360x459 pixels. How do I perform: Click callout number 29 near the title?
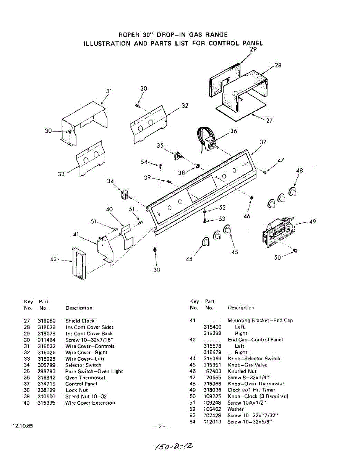click(x=253, y=49)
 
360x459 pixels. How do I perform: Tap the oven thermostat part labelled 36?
click(x=208, y=141)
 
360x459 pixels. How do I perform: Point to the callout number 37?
click(x=263, y=142)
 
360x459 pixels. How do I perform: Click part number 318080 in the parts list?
click(x=47, y=321)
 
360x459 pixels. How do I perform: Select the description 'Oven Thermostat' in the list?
click(x=85, y=378)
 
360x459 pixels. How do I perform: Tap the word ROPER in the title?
click(x=128, y=35)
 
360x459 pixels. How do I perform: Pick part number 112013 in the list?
click(x=212, y=422)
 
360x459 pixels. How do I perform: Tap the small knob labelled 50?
click(x=295, y=250)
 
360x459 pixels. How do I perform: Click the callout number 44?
click(x=189, y=259)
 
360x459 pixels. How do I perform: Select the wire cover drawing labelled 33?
click(x=90, y=159)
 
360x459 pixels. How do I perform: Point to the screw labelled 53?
click(x=205, y=221)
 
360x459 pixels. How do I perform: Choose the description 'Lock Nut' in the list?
click(x=76, y=390)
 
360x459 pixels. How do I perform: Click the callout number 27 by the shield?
click(x=269, y=120)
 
